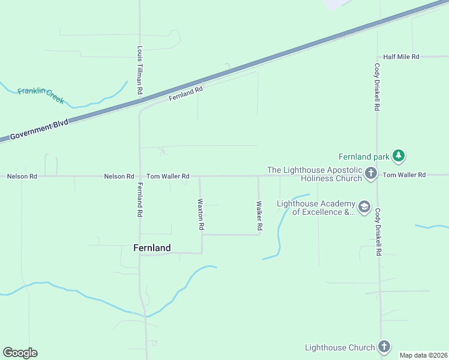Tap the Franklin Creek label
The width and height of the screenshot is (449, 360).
(x=40, y=95)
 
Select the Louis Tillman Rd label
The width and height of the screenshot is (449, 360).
(x=139, y=70)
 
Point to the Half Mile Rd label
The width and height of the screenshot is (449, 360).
(x=401, y=56)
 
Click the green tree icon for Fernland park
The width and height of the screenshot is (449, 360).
(x=398, y=156)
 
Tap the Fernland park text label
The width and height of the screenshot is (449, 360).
(x=364, y=156)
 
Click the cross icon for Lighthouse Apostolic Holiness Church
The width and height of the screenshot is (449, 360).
(x=370, y=174)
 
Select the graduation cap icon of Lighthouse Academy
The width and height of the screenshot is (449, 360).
(x=364, y=207)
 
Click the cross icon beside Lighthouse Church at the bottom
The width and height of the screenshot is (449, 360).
(x=384, y=347)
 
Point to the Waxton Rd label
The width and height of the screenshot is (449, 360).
(x=202, y=215)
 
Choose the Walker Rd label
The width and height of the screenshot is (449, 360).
(x=259, y=216)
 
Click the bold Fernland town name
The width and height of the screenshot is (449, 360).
(x=151, y=248)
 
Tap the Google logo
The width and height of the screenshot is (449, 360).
(x=20, y=352)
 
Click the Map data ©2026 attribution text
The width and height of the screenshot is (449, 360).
(x=423, y=355)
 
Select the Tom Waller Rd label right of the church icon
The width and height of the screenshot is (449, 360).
(x=404, y=175)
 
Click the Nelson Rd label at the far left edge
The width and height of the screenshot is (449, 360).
(x=22, y=176)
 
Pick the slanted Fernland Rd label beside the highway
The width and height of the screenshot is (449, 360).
(x=186, y=93)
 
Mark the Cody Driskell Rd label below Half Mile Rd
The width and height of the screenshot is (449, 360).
(x=377, y=87)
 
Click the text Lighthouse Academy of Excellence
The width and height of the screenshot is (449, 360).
(x=315, y=208)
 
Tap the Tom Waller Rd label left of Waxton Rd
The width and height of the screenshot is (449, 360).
(x=168, y=176)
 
